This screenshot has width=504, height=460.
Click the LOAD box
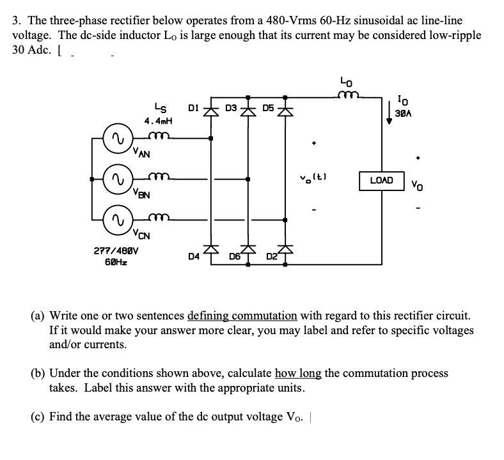pos(382,181)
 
